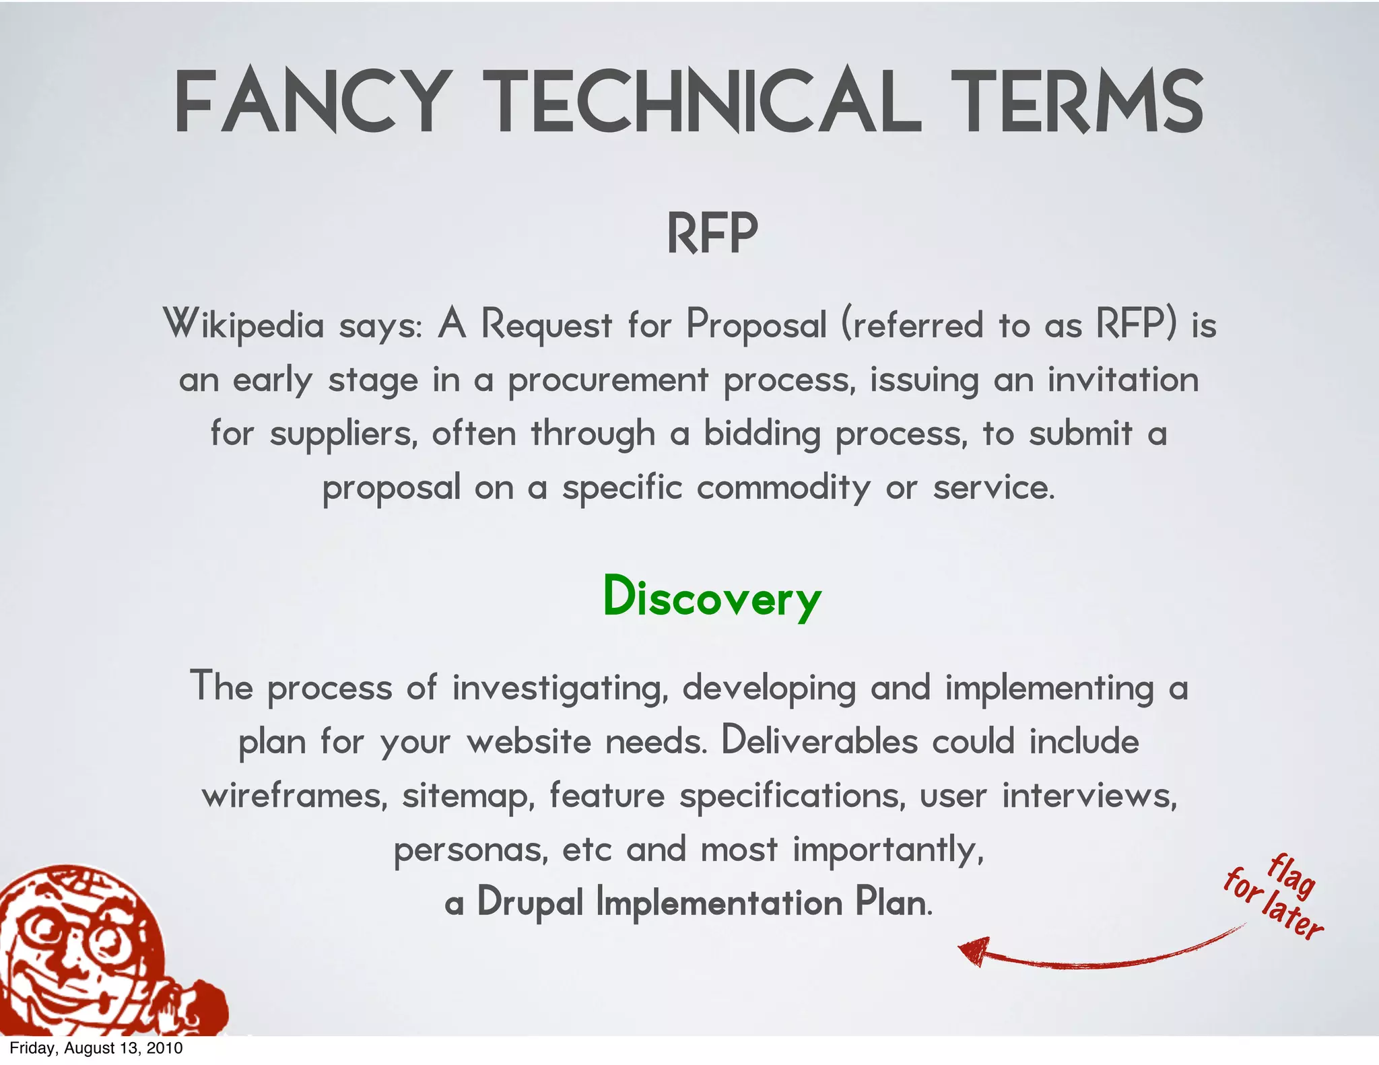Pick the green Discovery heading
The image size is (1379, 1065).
pos(712,596)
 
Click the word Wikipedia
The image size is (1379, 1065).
pos(244,325)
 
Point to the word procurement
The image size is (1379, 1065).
pos(608,380)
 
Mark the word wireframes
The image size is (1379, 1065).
pos(295,796)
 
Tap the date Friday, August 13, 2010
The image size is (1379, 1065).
pos(96,1048)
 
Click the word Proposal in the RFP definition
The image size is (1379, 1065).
pos(755,325)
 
